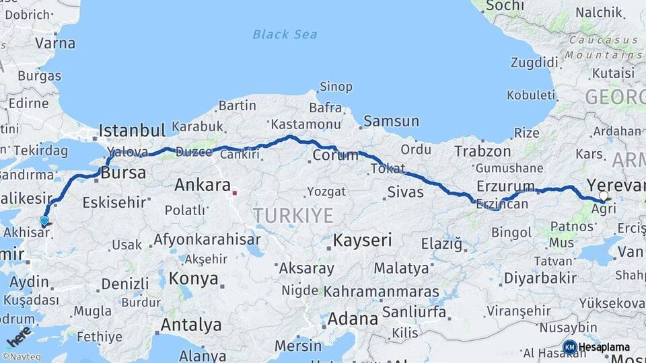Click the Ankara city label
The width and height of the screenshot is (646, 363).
pos(203,185)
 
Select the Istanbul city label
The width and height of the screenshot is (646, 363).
pos(132,130)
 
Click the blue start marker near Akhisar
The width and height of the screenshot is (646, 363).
pos(44,220)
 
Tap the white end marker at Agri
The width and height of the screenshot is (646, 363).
pos(604,196)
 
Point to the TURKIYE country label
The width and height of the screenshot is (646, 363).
pos(293,216)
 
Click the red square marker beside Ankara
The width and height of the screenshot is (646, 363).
pos(235,193)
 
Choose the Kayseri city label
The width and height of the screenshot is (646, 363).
pos(363,240)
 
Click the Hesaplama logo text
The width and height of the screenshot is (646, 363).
pos(604,347)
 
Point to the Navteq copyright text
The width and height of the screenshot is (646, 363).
pos(20,356)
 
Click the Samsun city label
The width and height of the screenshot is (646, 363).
pos(391,122)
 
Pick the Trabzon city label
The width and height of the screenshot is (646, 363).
pos(482,151)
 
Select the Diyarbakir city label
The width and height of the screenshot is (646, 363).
pos(540,278)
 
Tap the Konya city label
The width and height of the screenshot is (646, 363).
pos(194,278)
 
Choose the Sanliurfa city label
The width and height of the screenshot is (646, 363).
pos(414,312)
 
